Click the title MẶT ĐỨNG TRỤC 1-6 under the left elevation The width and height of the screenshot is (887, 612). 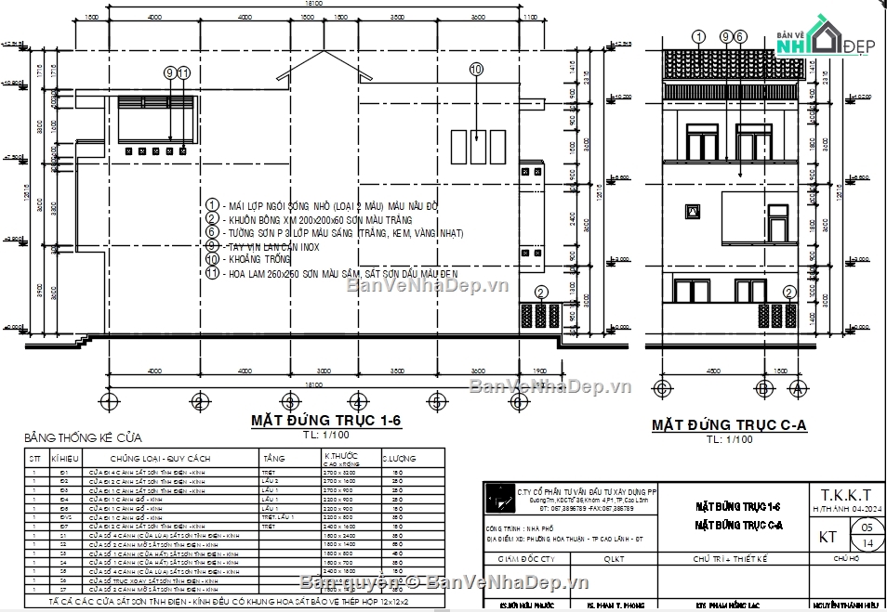[x=325, y=421]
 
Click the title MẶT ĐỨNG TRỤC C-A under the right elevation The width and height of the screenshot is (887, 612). [x=728, y=425]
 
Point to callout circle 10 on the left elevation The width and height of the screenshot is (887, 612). [x=476, y=69]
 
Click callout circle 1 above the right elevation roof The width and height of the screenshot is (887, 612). [x=699, y=36]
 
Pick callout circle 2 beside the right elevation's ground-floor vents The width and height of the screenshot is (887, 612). [x=789, y=292]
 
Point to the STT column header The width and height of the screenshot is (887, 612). [x=35, y=458]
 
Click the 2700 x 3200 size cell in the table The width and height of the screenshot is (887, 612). [x=337, y=472]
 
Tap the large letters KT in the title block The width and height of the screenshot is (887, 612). [x=826, y=536]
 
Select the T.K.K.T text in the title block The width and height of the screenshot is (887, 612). [x=846, y=494]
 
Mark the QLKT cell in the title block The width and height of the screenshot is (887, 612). [x=615, y=559]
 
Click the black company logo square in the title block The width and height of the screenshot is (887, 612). [x=502, y=502]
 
